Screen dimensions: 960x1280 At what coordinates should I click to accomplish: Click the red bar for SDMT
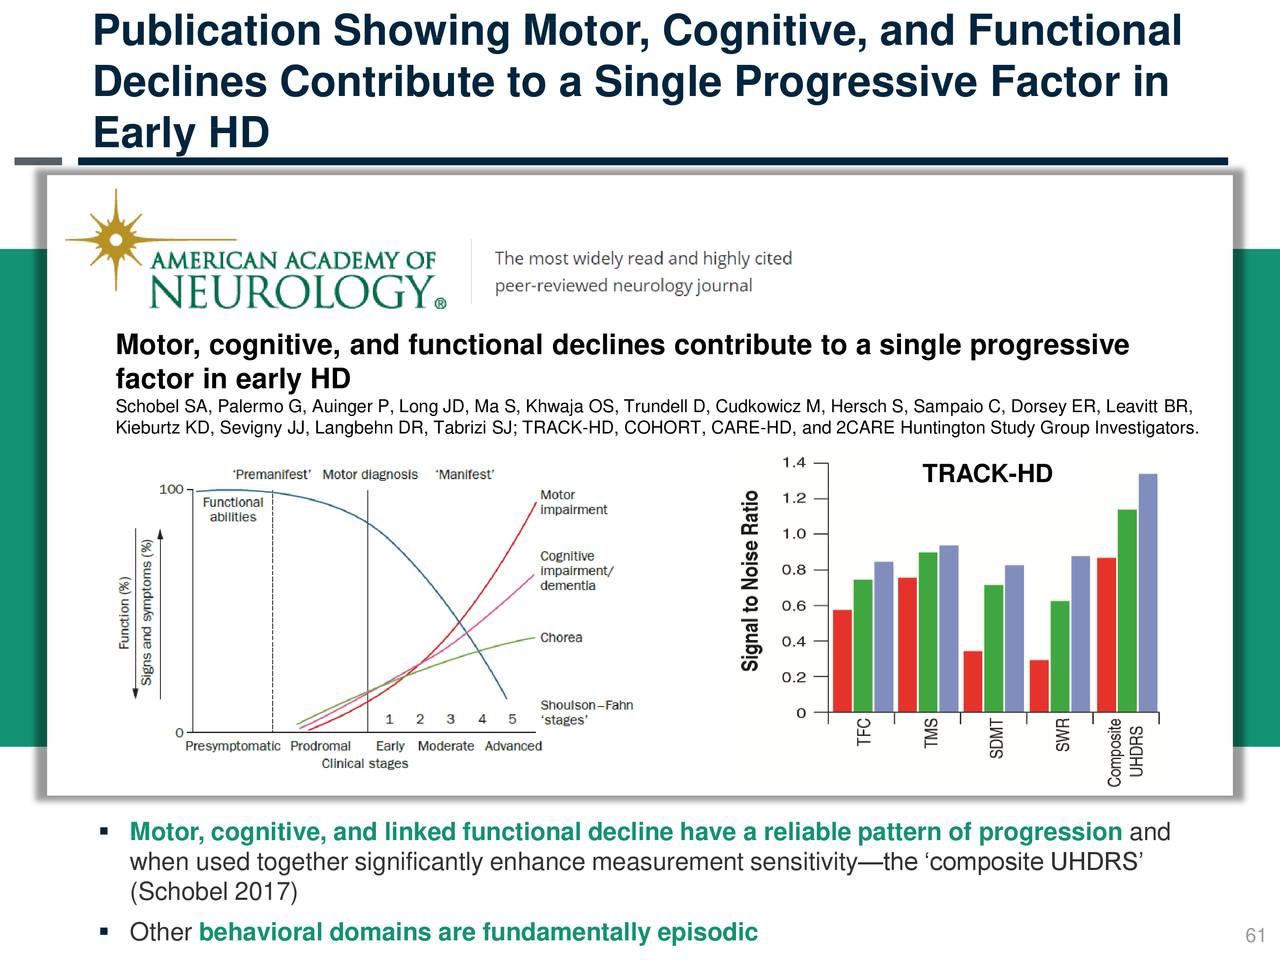pyautogui.click(x=973, y=681)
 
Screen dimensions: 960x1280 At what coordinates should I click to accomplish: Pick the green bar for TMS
pyautogui.click(x=928, y=632)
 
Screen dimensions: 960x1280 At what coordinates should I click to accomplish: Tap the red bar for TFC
pyautogui.click(x=843, y=660)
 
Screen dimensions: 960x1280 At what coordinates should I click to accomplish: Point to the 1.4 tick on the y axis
pyautogui.click(x=793, y=462)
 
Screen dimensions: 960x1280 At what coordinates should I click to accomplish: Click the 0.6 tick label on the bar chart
pyautogui.click(x=793, y=606)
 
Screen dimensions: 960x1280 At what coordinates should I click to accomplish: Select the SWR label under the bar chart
pyautogui.click(x=1063, y=735)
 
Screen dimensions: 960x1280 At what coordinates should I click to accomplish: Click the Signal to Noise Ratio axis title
pyautogui.click(x=751, y=580)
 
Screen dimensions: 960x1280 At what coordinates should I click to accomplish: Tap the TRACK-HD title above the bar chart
pyautogui.click(x=987, y=474)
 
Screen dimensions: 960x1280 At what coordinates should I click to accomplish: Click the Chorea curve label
pyautogui.click(x=561, y=638)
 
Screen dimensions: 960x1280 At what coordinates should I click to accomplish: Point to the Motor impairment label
pyautogui.click(x=573, y=502)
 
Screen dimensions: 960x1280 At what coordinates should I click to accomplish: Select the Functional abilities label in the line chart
pyautogui.click(x=233, y=510)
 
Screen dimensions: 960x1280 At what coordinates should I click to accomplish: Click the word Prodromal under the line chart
pyautogui.click(x=320, y=746)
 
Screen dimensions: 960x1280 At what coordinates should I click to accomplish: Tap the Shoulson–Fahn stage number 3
pyautogui.click(x=451, y=719)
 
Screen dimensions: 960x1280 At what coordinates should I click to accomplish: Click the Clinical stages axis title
pyautogui.click(x=365, y=764)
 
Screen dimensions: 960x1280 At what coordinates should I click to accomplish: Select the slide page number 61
pyautogui.click(x=1255, y=936)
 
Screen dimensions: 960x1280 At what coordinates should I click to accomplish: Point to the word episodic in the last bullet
pyautogui.click(x=707, y=933)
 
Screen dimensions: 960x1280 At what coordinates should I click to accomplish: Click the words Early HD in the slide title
pyautogui.click(x=181, y=133)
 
